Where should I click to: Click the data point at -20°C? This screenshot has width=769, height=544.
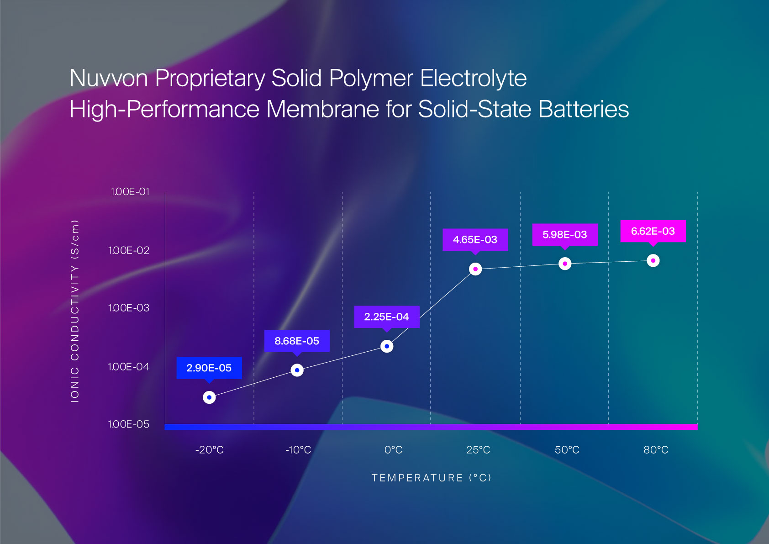click(x=209, y=397)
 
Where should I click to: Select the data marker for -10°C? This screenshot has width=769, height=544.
click(x=297, y=370)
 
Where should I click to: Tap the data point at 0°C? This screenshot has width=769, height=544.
click(x=387, y=346)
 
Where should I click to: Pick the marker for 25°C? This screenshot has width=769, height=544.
click(x=475, y=269)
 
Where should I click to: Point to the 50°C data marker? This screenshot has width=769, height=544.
click(x=565, y=264)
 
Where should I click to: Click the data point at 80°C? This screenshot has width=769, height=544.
click(x=653, y=260)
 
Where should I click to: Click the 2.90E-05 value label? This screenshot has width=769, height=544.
click(x=209, y=368)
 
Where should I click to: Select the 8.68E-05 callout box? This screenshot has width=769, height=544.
click(x=297, y=341)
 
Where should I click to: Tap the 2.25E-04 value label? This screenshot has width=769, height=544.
click(x=387, y=317)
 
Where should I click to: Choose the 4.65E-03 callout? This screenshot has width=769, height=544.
click(x=475, y=239)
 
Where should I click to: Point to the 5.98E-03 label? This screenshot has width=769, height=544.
click(x=565, y=234)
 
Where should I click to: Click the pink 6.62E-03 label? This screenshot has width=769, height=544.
click(x=653, y=231)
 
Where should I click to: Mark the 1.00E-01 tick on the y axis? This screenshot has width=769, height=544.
click(x=130, y=192)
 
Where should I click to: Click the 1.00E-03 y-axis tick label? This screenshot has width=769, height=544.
click(x=129, y=308)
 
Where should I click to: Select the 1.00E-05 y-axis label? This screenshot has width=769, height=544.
click(x=129, y=424)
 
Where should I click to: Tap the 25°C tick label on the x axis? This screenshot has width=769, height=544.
click(x=478, y=450)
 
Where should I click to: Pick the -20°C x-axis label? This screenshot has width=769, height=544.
click(x=210, y=450)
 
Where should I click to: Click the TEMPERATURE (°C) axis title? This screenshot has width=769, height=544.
click(x=431, y=478)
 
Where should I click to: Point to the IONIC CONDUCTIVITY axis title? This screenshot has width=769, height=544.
click(x=75, y=311)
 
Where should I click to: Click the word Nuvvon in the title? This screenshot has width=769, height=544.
click(x=109, y=78)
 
